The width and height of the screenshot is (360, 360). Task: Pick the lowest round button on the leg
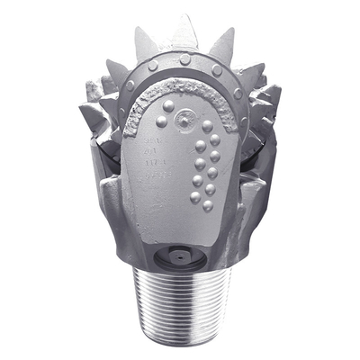coord(206,205)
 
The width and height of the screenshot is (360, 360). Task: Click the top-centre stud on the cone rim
coord(184,58)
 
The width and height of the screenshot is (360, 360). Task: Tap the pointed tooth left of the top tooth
coord(144,42)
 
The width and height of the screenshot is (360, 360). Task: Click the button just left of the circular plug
coord(161,121)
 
